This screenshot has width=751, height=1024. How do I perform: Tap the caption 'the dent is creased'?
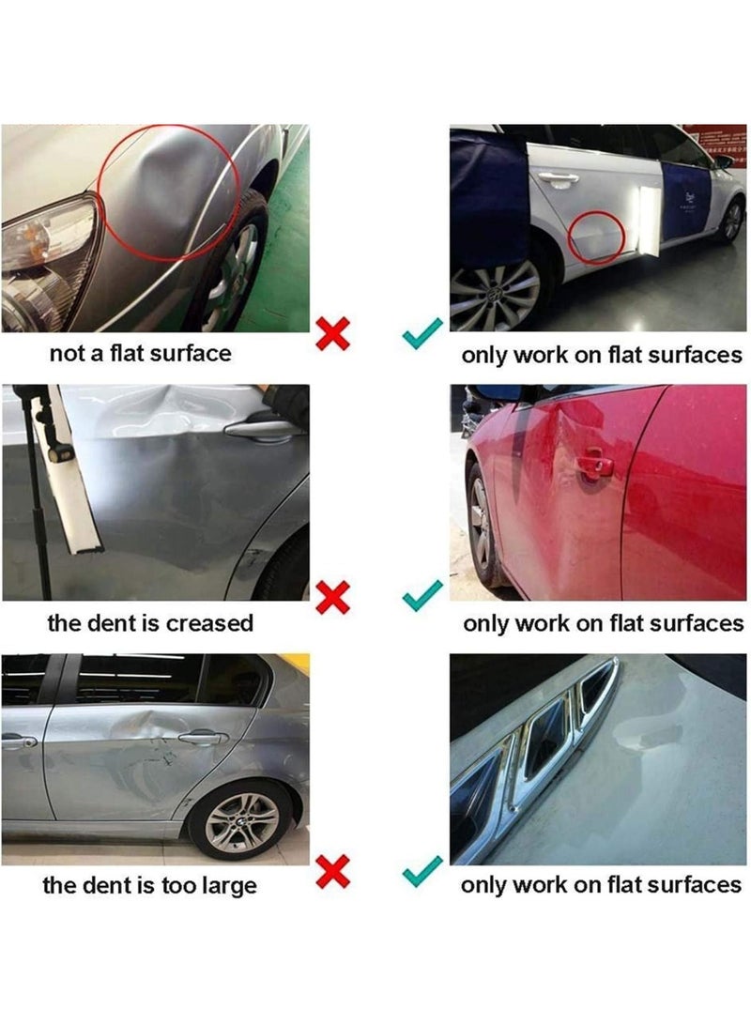click(x=150, y=622)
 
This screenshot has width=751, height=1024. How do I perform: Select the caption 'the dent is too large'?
click(x=149, y=884)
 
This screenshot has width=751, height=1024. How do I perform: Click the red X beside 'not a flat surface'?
click(x=333, y=333)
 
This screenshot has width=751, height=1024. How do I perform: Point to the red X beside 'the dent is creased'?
click(x=333, y=594)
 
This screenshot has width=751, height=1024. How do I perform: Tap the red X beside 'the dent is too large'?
click(x=333, y=873)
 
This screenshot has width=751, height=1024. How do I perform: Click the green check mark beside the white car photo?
click(x=421, y=331)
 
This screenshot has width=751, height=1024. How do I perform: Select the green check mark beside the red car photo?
click(x=421, y=593)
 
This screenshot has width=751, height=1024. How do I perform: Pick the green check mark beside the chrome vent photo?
click(x=421, y=873)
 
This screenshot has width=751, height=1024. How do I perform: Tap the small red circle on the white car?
click(x=597, y=236)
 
